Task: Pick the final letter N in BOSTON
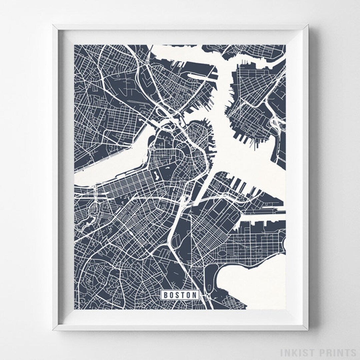[x=194, y=295]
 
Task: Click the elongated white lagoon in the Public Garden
[x=155, y=175]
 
